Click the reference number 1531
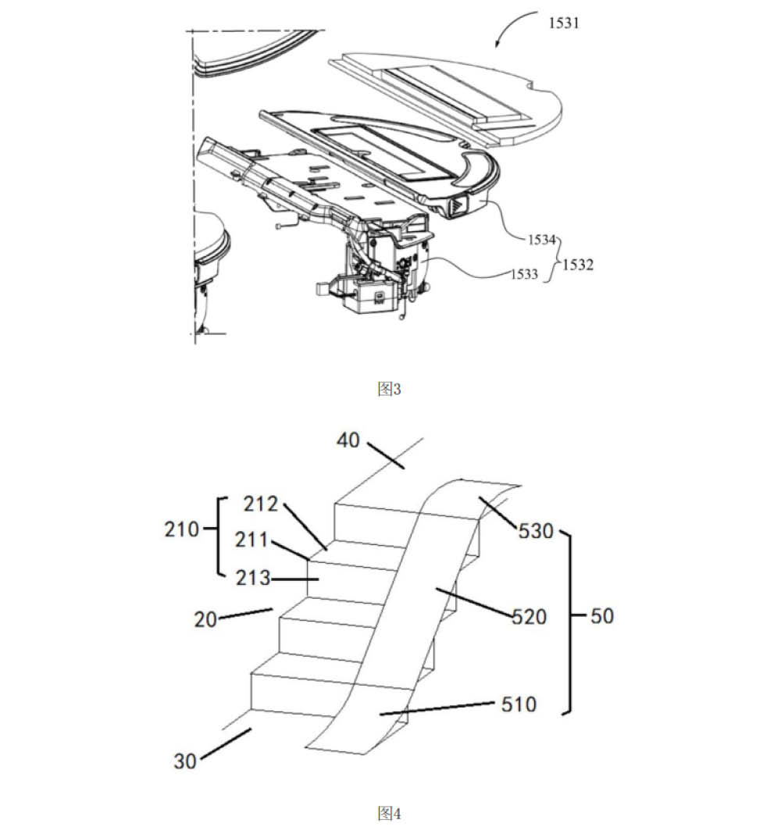[x=563, y=23]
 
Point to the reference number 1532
[x=576, y=265]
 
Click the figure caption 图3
[x=389, y=389]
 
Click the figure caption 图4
[x=389, y=814]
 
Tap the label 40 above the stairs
[x=348, y=440]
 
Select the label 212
[x=261, y=504]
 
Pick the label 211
[x=255, y=540]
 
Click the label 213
[x=255, y=579]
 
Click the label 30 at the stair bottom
[x=185, y=760]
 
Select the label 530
[x=537, y=532]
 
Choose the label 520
[x=529, y=617]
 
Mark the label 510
[x=519, y=704]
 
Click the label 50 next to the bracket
[x=601, y=616]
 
